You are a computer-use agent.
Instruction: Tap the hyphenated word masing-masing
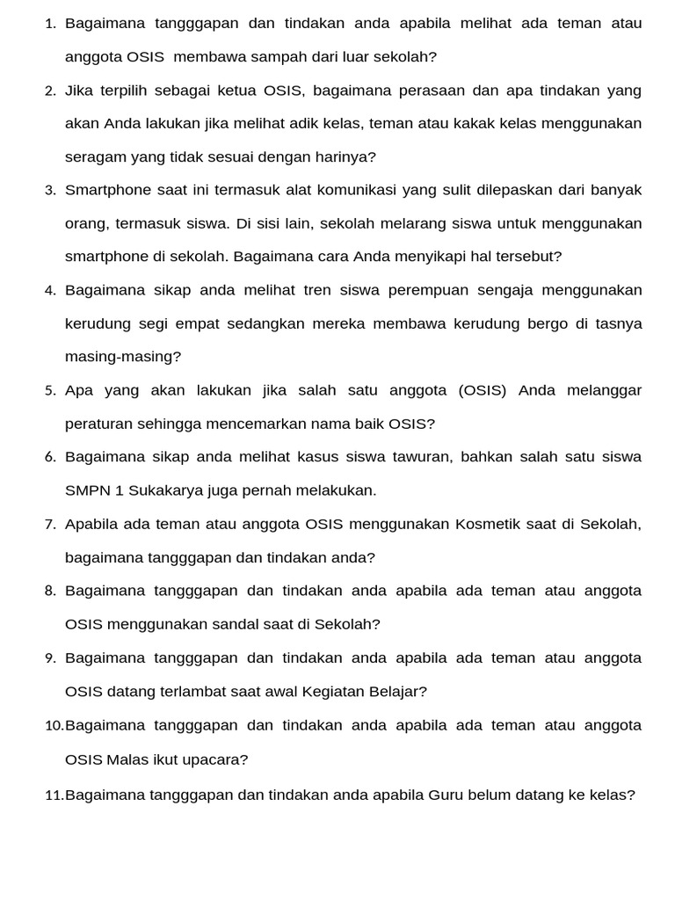coord(122,357)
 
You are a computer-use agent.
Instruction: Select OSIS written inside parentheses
coord(483,390)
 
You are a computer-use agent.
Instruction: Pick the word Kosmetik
coord(489,525)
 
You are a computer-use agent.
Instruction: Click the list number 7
coord(50,525)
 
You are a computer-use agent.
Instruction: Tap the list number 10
coord(54,726)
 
